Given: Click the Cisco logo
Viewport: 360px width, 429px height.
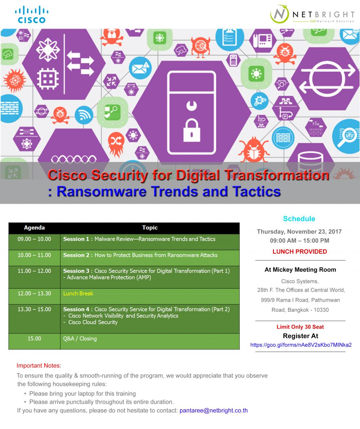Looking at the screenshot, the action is click(x=32, y=14).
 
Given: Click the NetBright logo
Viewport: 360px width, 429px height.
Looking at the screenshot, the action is click(x=312, y=14).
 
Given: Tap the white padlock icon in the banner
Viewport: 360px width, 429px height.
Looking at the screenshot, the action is click(x=192, y=131).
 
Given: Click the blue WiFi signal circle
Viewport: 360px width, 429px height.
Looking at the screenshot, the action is click(x=84, y=115).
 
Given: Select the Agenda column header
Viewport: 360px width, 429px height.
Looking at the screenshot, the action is click(x=34, y=228).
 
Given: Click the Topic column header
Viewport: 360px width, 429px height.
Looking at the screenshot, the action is click(x=150, y=228).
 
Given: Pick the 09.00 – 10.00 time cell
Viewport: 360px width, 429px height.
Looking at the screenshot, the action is click(x=34, y=239).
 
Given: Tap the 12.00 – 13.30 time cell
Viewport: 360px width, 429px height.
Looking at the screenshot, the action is click(x=34, y=293).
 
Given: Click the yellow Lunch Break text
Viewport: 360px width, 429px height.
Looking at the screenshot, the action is click(x=78, y=293).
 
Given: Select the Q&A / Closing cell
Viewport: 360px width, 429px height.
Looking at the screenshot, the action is click(x=80, y=339).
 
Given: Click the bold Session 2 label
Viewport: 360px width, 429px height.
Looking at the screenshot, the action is click(x=76, y=255).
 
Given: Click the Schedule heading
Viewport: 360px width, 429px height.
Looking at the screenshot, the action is click(x=299, y=219).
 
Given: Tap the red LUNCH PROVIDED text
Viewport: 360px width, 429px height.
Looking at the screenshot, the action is click(x=300, y=252).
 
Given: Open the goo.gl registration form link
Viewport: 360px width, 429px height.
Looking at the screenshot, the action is click(x=301, y=345).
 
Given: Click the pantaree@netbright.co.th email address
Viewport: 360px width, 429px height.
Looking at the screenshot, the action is click(x=214, y=410).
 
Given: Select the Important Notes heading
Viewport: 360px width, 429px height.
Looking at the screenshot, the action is click(x=39, y=365).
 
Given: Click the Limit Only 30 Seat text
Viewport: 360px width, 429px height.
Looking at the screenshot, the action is click(x=300, y=327).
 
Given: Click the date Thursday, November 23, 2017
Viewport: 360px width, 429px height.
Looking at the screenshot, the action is click(x=299, y=232).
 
